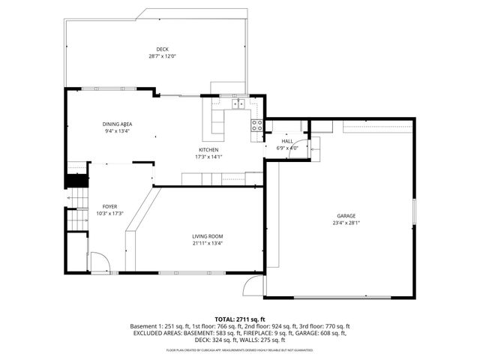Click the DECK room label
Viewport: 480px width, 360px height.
(162, 49)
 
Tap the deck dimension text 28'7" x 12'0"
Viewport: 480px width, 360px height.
(162, 56)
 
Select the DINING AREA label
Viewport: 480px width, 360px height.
(118, 124)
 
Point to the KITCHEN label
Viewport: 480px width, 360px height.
(208, 150)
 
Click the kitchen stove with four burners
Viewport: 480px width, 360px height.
(256, 125)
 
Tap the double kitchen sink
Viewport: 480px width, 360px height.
(238, 104)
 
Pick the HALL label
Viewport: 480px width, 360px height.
(287, 141)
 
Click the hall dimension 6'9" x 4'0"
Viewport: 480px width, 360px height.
(287, 148)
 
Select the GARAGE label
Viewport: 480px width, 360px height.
(345, 216)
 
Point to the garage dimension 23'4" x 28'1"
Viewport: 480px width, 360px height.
(345, 223)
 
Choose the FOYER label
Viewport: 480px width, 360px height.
(110, 206)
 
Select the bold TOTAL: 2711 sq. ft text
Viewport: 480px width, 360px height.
(240, 319)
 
